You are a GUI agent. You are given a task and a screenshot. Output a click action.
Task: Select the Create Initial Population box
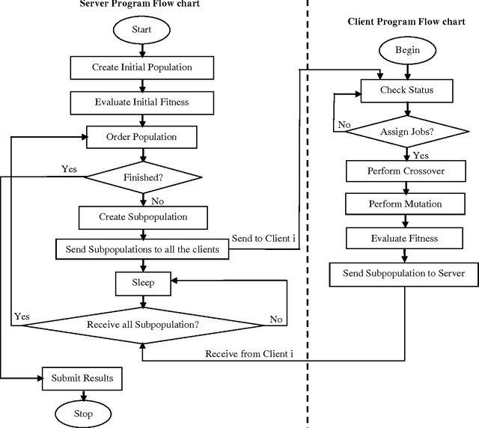[x=142, y=67]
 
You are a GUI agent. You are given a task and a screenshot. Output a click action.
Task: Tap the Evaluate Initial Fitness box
[x=142, y=101]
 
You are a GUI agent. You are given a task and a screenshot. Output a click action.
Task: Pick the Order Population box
[x=142, y=138]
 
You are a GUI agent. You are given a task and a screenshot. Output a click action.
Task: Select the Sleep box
[x=143, y=283]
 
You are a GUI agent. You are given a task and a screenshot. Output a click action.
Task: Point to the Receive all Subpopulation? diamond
[x=143, y=324]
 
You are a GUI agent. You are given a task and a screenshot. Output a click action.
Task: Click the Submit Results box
[x=82, y=378]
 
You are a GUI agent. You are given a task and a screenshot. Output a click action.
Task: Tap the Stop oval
[x=83, y=413]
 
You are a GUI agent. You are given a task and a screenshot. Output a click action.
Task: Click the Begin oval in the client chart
[x=406, y=51]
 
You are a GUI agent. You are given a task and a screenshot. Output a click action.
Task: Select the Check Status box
[x=407, y=91]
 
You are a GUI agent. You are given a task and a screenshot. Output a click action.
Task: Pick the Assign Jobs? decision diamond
[x=407, y=130]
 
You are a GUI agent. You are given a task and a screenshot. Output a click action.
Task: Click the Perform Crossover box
[x=406, y=171]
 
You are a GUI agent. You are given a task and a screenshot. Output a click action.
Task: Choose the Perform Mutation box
[x=406, y=204]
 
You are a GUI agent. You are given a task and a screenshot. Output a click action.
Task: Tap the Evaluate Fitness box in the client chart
[x=405, y=238]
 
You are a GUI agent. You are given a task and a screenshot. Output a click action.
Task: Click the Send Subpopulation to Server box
[x=404, y=273]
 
